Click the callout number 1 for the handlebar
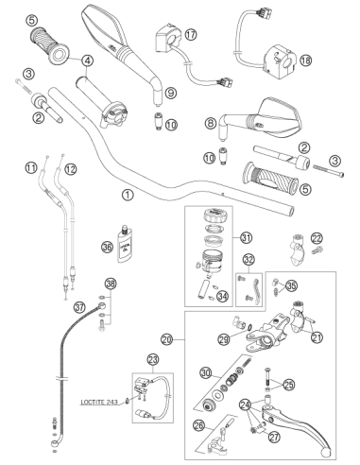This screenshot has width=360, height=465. [x=128, y=196]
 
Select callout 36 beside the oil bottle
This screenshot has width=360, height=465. [x=107, y=247]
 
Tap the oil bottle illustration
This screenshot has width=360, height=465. [x=125, y=244]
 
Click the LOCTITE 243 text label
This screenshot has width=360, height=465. [x=99, y=403]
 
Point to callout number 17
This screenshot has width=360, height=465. [x=191, y=35]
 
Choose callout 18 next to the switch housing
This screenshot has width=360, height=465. [x=305, y=60]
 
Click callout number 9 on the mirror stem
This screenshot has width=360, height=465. [x=171, y=93]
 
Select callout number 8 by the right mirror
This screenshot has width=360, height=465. [x=211, y=123]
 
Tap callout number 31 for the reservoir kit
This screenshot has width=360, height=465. [x=247, y=237]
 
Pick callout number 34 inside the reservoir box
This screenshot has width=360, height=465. [x=223, y=297]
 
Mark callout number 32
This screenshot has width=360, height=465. [x=249, y=260]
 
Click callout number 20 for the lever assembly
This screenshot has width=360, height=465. [x=167, y=339]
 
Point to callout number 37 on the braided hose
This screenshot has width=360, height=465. [x=79, y=306]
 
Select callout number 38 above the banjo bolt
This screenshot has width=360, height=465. [x=111, y=284]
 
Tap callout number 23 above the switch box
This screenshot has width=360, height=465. [x=153, y=359]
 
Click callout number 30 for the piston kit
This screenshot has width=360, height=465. [x=206, y=373]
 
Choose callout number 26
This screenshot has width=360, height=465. [x=198, y=425]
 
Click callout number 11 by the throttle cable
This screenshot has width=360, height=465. [x=31, y=168]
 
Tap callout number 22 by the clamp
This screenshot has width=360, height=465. [x=317, y=238]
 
